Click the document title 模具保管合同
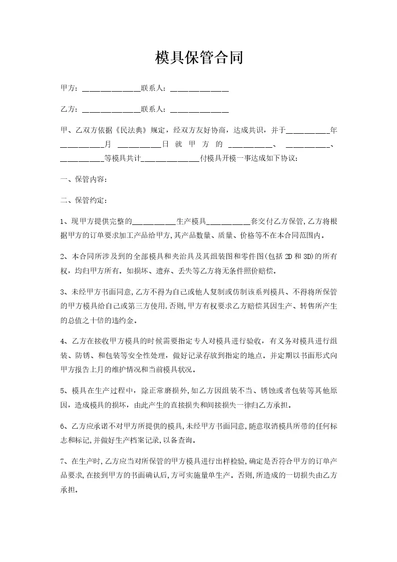pyautogui.click(x=199, y=58)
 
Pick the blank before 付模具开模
pyautogui.click(x=171, y=159)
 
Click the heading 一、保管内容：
pyautogui.click(x=83, y=179)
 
